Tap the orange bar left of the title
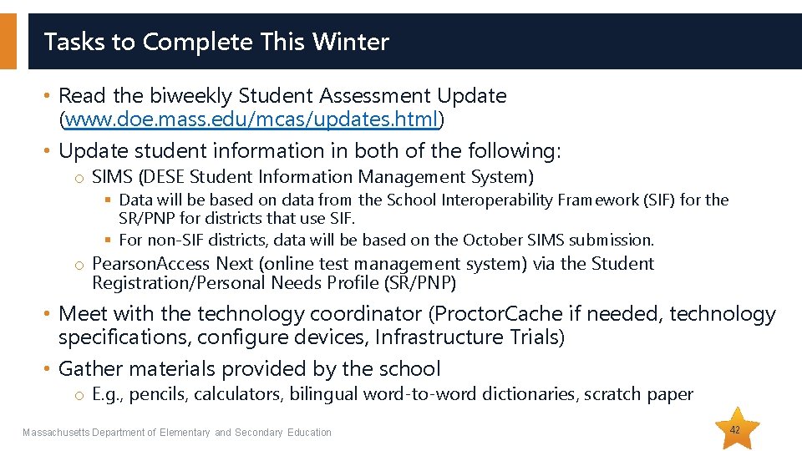click(x=8, y=41)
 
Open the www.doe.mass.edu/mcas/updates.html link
click(x=251, y=120)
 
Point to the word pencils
click(x=159, y=394)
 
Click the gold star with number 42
click(x=735, y=429)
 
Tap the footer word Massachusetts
click(x=54, y=433)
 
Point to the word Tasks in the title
click(x=71, y=42)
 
